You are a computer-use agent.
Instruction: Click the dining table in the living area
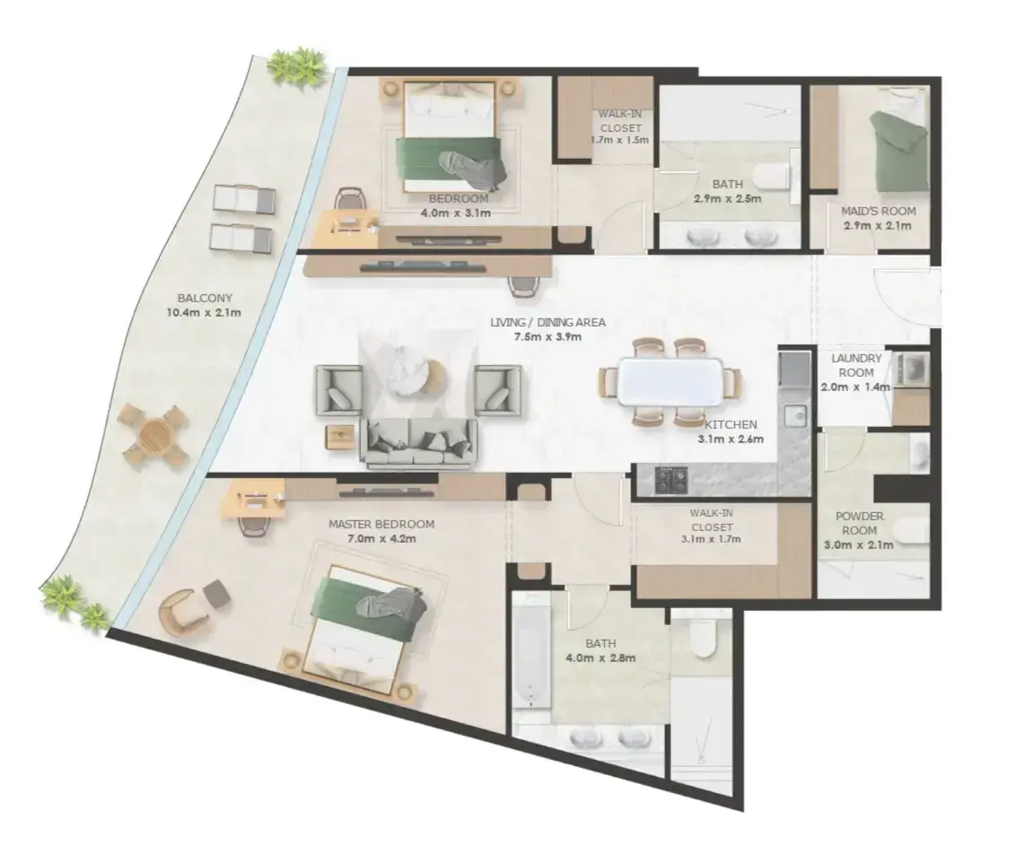click(670, 381)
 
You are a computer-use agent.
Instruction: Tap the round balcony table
click(154, 437)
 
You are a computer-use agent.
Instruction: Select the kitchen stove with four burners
click(671, 479)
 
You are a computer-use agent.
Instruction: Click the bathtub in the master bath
click(531, 650)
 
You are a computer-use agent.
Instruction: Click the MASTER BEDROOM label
click(381, 525)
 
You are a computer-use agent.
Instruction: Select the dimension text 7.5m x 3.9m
click(548, 337)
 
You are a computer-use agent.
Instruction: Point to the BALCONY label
click(205, 298)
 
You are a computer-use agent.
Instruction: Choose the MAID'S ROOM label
click(879, 211)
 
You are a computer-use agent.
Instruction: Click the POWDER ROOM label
click(859, 523)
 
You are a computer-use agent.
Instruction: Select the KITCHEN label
click(731, 424)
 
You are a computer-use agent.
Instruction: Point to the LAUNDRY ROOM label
click(856, 365)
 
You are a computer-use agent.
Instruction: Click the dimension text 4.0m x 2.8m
click(600, 658)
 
